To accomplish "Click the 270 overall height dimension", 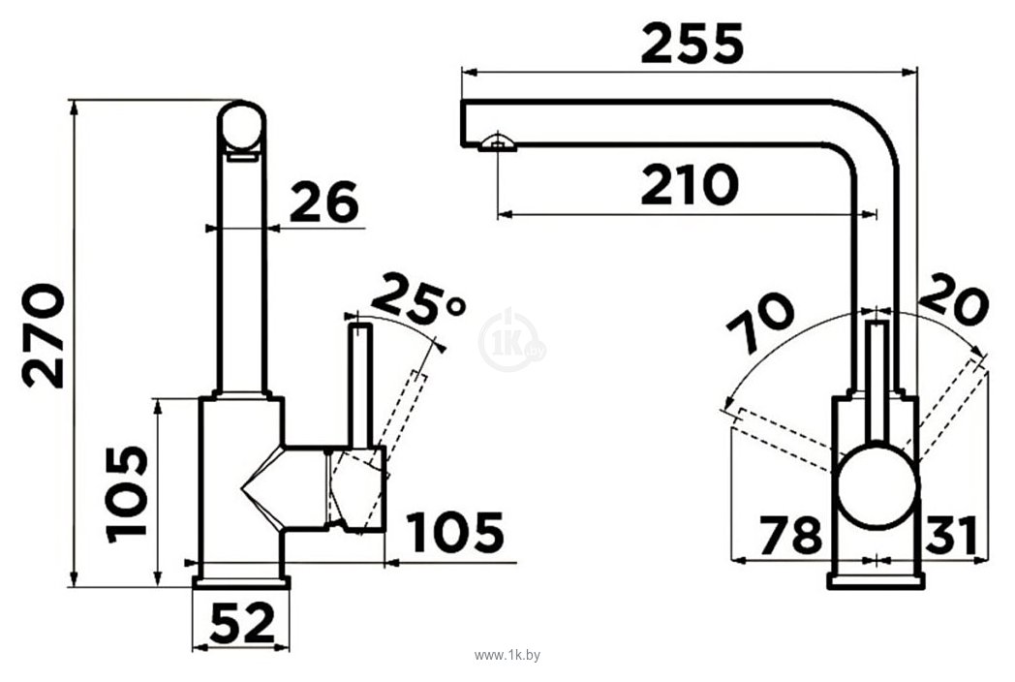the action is tap(44, 336).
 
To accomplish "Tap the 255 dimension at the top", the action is tap(692, 44).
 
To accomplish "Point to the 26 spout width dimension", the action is tap(323, 202).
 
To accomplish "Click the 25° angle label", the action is tap(417, 299).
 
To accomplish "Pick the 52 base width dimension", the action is tap(242, 623).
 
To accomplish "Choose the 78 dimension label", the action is tap(790, 537).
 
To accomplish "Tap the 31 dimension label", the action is tap(950, 537).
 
